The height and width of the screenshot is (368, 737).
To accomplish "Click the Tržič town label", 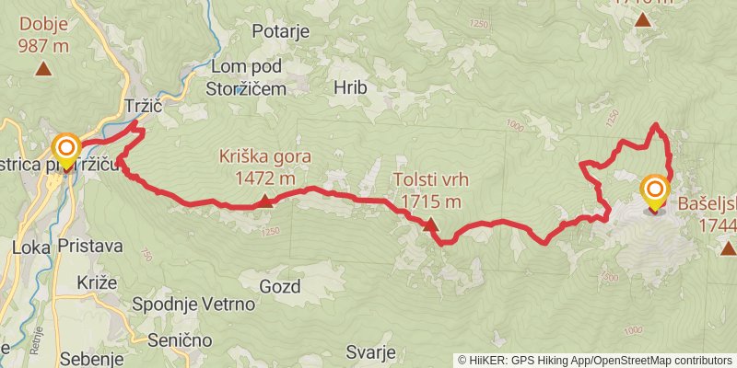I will click(143, 107).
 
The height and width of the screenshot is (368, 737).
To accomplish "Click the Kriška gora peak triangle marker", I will click(265, 201).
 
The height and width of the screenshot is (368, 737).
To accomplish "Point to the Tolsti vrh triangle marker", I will click(430, 224).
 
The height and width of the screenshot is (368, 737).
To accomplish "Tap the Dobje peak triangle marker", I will click(43, 68).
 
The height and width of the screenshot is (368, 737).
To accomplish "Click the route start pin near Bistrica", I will click(66, 150).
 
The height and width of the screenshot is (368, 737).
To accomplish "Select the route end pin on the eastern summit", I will click(655, 191).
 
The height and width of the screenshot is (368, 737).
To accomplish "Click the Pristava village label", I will click(88, 247).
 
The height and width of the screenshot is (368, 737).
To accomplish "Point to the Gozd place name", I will click(280, 286).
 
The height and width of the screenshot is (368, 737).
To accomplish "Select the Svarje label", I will click(371, 352).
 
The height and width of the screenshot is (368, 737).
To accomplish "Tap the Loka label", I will click(31, 247).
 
